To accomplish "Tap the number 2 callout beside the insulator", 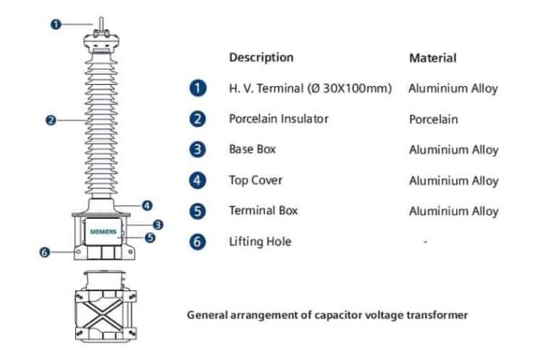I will tap(51, 118).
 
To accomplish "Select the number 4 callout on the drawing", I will tap(146, 204).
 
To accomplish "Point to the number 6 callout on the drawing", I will tap(43, 251).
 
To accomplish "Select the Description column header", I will tap(262, 57).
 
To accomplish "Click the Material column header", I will tap(433, 58).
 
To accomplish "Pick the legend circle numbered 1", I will tap(198, 89).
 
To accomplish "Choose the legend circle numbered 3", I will tap(198, 150).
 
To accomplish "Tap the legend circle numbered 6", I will tap(198, 242).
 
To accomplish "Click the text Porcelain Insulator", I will tap(278, 118).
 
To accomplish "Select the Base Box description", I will tap(252, 149).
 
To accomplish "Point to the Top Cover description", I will tap(255, 180).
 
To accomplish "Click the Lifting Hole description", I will tap(260, 242).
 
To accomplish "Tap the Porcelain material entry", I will tap(433, 119).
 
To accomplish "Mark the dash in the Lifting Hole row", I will tap(425, 242).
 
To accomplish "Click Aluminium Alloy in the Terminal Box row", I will tap(453, 212).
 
